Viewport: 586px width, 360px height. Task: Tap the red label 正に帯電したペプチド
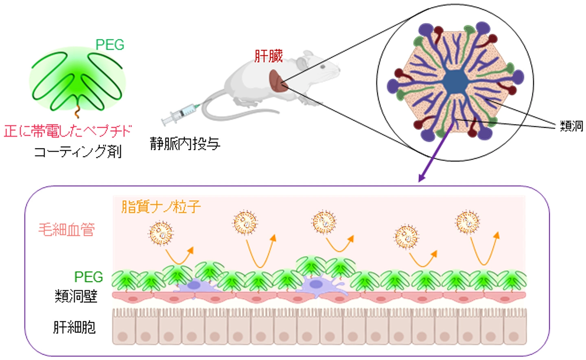click(67, 131)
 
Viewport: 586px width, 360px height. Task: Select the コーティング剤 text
click(78, 151)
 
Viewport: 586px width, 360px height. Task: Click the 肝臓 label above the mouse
click(269, 56)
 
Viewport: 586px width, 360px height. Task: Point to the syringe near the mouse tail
click(181, 114)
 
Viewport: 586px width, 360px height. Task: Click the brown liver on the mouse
click(278, 81)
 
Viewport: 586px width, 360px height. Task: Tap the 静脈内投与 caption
click(185, 144)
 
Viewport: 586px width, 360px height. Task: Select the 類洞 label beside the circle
click(571, 126)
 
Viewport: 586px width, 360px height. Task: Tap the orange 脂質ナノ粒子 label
click(161, 207)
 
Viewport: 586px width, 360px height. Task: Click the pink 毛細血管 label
click(66, 230)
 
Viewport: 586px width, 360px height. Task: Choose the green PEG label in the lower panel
click(88, 277)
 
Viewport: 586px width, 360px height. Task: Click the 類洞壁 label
click(76, 296)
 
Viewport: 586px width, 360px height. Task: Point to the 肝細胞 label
click(74, 327)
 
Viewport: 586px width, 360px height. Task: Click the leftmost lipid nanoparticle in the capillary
click(161, 233)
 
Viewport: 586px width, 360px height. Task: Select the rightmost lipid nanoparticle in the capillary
click(468, 222)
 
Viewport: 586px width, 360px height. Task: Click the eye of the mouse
click(323, 66)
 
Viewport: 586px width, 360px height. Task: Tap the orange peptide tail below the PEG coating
click(77, 111)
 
